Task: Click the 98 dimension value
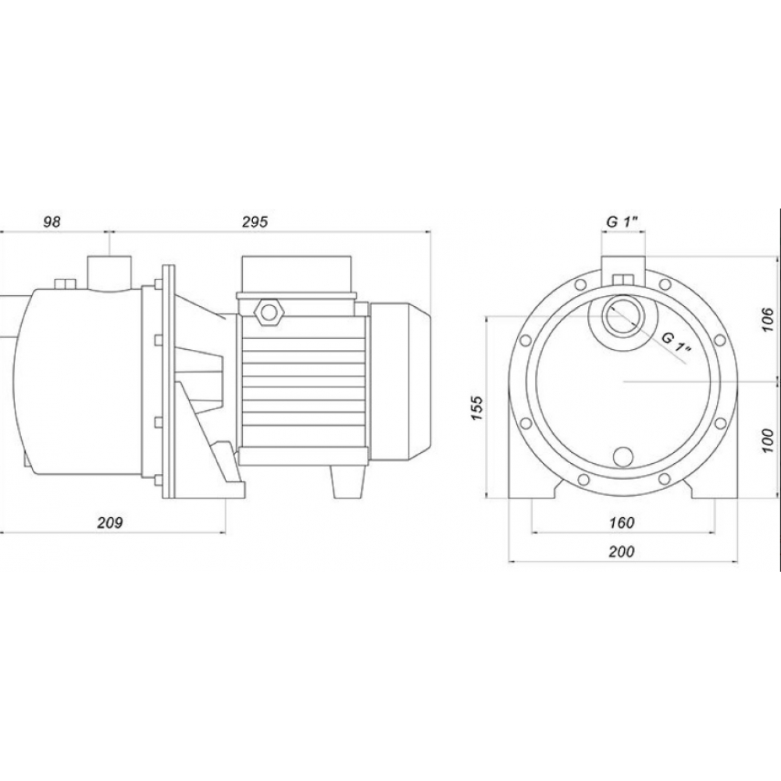click(52, 222)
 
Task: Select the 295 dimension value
click(255, 222)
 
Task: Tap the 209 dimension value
click(109, 522)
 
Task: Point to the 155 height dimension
click(477, 408)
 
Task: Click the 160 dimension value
click(622, 522)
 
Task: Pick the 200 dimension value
click(622, 551)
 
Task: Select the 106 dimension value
click(768, 320)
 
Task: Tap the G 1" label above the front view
click(622, 222)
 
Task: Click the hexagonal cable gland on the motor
click(269, 312)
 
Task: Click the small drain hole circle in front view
click(623, 457)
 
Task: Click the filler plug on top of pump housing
click(63, 284)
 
